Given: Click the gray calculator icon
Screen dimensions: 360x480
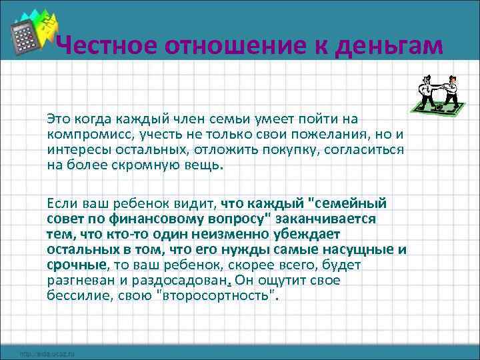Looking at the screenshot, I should point(27,37).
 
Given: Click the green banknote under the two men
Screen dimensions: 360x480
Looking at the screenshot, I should point(437,105).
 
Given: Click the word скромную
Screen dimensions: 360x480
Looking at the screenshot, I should point(154,165).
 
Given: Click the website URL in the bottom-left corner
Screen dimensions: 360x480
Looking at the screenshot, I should point(47,353).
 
